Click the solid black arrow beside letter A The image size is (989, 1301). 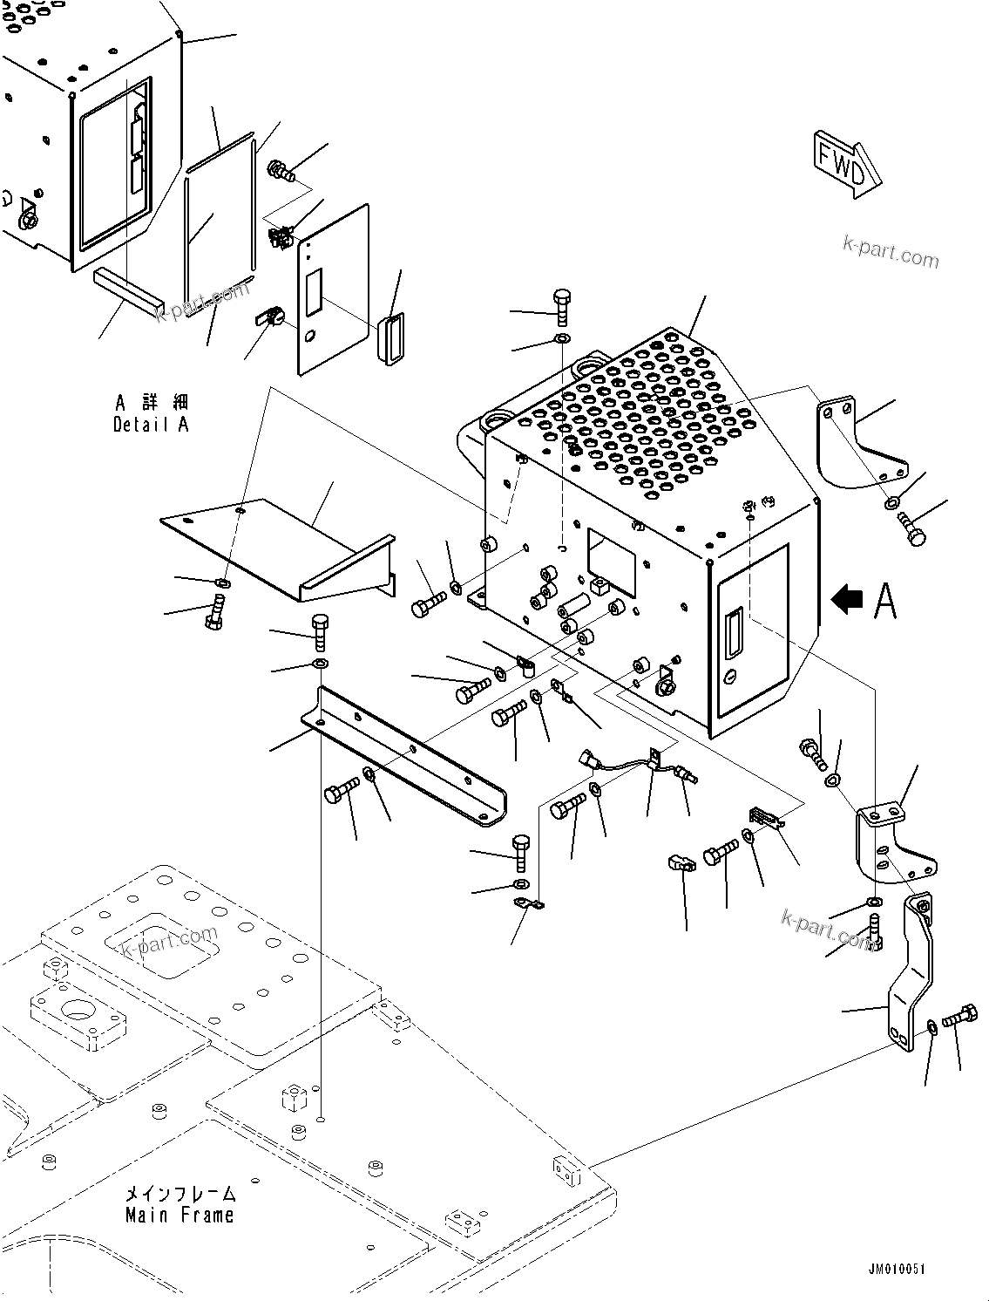[x=848, y=599]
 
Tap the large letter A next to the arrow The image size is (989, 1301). [x=884, y=601]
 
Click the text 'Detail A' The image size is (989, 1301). [x=151, y=425]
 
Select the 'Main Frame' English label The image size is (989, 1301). [x=180, y=1215]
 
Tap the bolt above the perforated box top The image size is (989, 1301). [x=562, y=303]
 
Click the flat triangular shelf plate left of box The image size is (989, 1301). [x=261, y=541]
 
